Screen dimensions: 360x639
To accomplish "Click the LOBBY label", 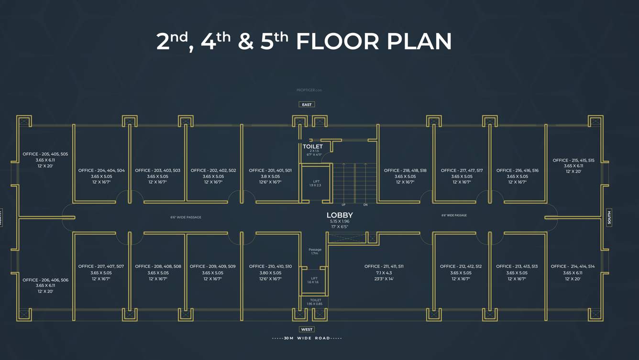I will pos(340,216).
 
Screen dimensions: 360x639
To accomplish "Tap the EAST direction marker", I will pos(307,104).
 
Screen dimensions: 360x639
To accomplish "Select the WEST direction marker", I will pos(307,329).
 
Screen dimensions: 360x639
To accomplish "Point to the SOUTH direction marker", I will pos(609,218).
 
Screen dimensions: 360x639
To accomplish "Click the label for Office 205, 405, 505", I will pos(45,154).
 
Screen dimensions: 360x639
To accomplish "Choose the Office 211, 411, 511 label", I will pos(384,266).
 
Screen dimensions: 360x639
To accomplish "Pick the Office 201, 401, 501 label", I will pos(270,171).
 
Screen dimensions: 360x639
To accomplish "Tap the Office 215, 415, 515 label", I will pos(573,161).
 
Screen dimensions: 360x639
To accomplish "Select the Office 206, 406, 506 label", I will pos(45,280).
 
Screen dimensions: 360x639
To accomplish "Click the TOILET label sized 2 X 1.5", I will pos(313,147).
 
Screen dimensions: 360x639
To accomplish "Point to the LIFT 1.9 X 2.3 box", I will pos(316,183).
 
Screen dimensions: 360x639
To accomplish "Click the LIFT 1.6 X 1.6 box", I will pos(314,280).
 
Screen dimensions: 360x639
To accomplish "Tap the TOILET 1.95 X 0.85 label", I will pos(315,302).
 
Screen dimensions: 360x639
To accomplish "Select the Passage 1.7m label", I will pos(315,251).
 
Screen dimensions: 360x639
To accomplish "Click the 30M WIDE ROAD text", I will pos(307,338).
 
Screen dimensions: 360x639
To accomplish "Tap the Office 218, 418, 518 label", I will pos(405,171).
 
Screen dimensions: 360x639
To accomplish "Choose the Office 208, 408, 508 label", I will pos(158,266).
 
